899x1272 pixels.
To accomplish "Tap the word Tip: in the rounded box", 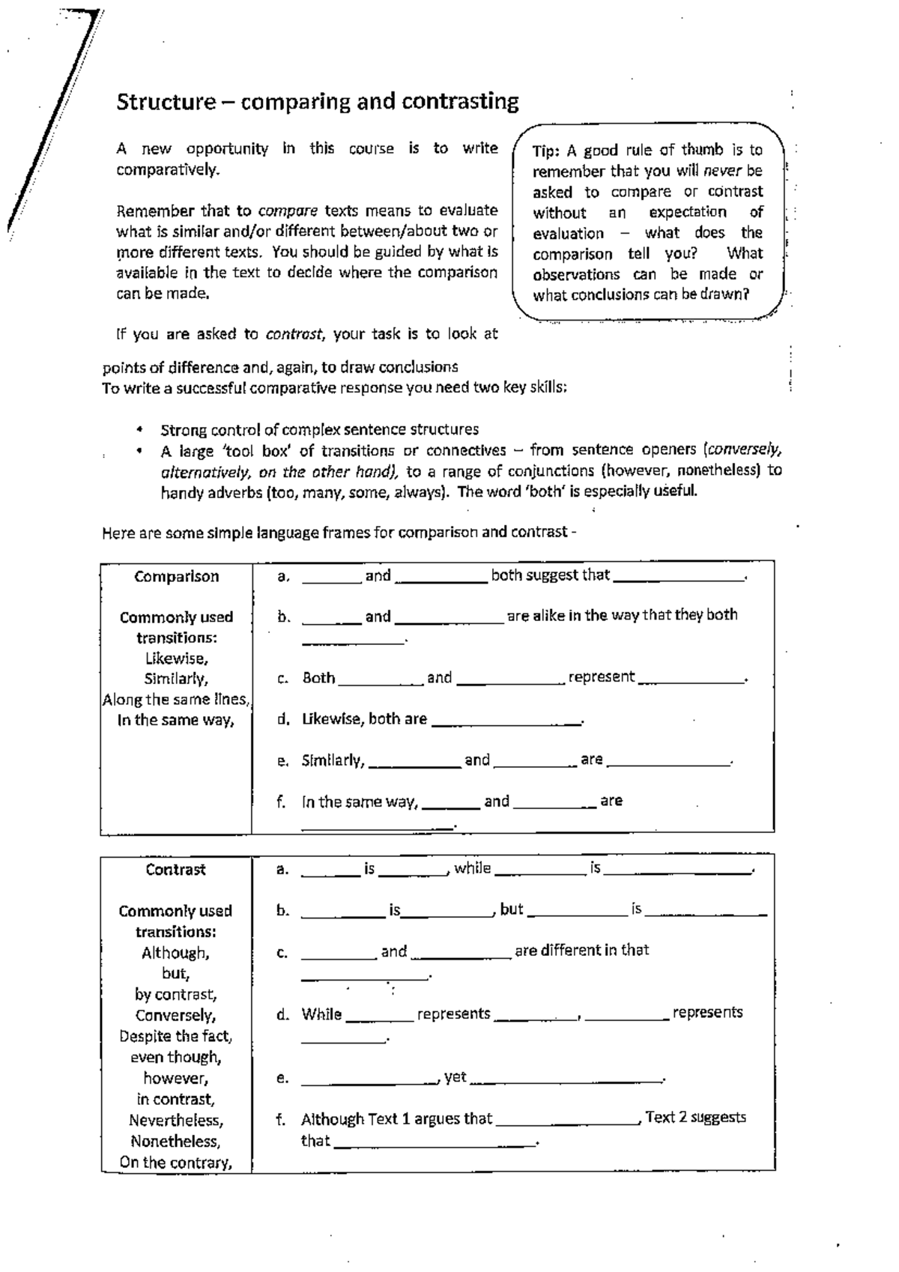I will tap(546, 151).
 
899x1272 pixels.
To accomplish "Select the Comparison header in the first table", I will tap(177, 577).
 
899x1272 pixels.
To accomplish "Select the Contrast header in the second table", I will tap(175, 870).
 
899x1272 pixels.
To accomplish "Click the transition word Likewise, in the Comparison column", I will tap(176, 658).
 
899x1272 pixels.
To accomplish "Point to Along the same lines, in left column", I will tap(176, 700).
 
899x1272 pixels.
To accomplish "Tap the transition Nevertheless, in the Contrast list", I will tap(176, 1121).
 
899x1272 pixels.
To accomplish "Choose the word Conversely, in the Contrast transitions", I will tap(176, 1016).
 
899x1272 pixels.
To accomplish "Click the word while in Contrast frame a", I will tap(473, 868).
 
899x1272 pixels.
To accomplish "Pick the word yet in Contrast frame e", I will tap(455, 1077).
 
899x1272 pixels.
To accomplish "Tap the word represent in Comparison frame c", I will tap(602, 677).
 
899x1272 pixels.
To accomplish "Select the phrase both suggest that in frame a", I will tap(551, 575).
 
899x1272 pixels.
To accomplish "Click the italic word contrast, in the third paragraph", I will tap(295, 334).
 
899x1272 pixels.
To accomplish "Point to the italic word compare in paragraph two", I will tap(288, 211).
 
